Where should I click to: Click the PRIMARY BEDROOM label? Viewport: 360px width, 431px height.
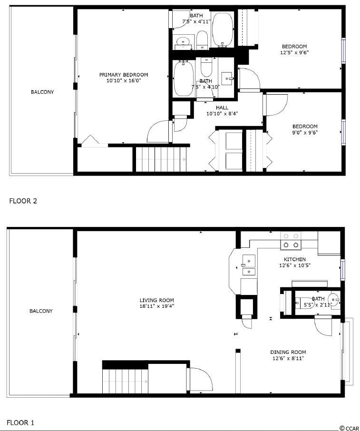coord(124,75)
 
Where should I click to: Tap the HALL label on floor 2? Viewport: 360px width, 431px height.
coord(222,108)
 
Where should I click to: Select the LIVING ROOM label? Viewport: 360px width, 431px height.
coord(156,301)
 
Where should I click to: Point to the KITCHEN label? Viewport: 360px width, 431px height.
coord(294,259)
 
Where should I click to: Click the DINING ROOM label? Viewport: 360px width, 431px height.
coord(288,352)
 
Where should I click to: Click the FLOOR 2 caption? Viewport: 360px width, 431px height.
coord(23,201)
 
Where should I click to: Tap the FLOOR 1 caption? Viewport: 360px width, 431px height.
coord(20,423)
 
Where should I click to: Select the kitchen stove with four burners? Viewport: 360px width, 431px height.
coord(291,241)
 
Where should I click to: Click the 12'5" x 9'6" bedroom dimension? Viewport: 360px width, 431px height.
coord(294,52)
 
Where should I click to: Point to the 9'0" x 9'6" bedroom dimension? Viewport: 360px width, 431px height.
coord(305,133)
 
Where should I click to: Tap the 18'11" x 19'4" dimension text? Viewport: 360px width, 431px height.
coord(156,306)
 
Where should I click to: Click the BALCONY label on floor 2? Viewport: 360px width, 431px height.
coord(42,92)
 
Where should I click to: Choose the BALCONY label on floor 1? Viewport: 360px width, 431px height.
coord(41,311)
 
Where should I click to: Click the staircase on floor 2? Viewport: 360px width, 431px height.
coord(161,159)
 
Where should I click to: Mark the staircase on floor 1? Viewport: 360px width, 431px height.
coord(126,381)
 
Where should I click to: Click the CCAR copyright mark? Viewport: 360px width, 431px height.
coord(350,428)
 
